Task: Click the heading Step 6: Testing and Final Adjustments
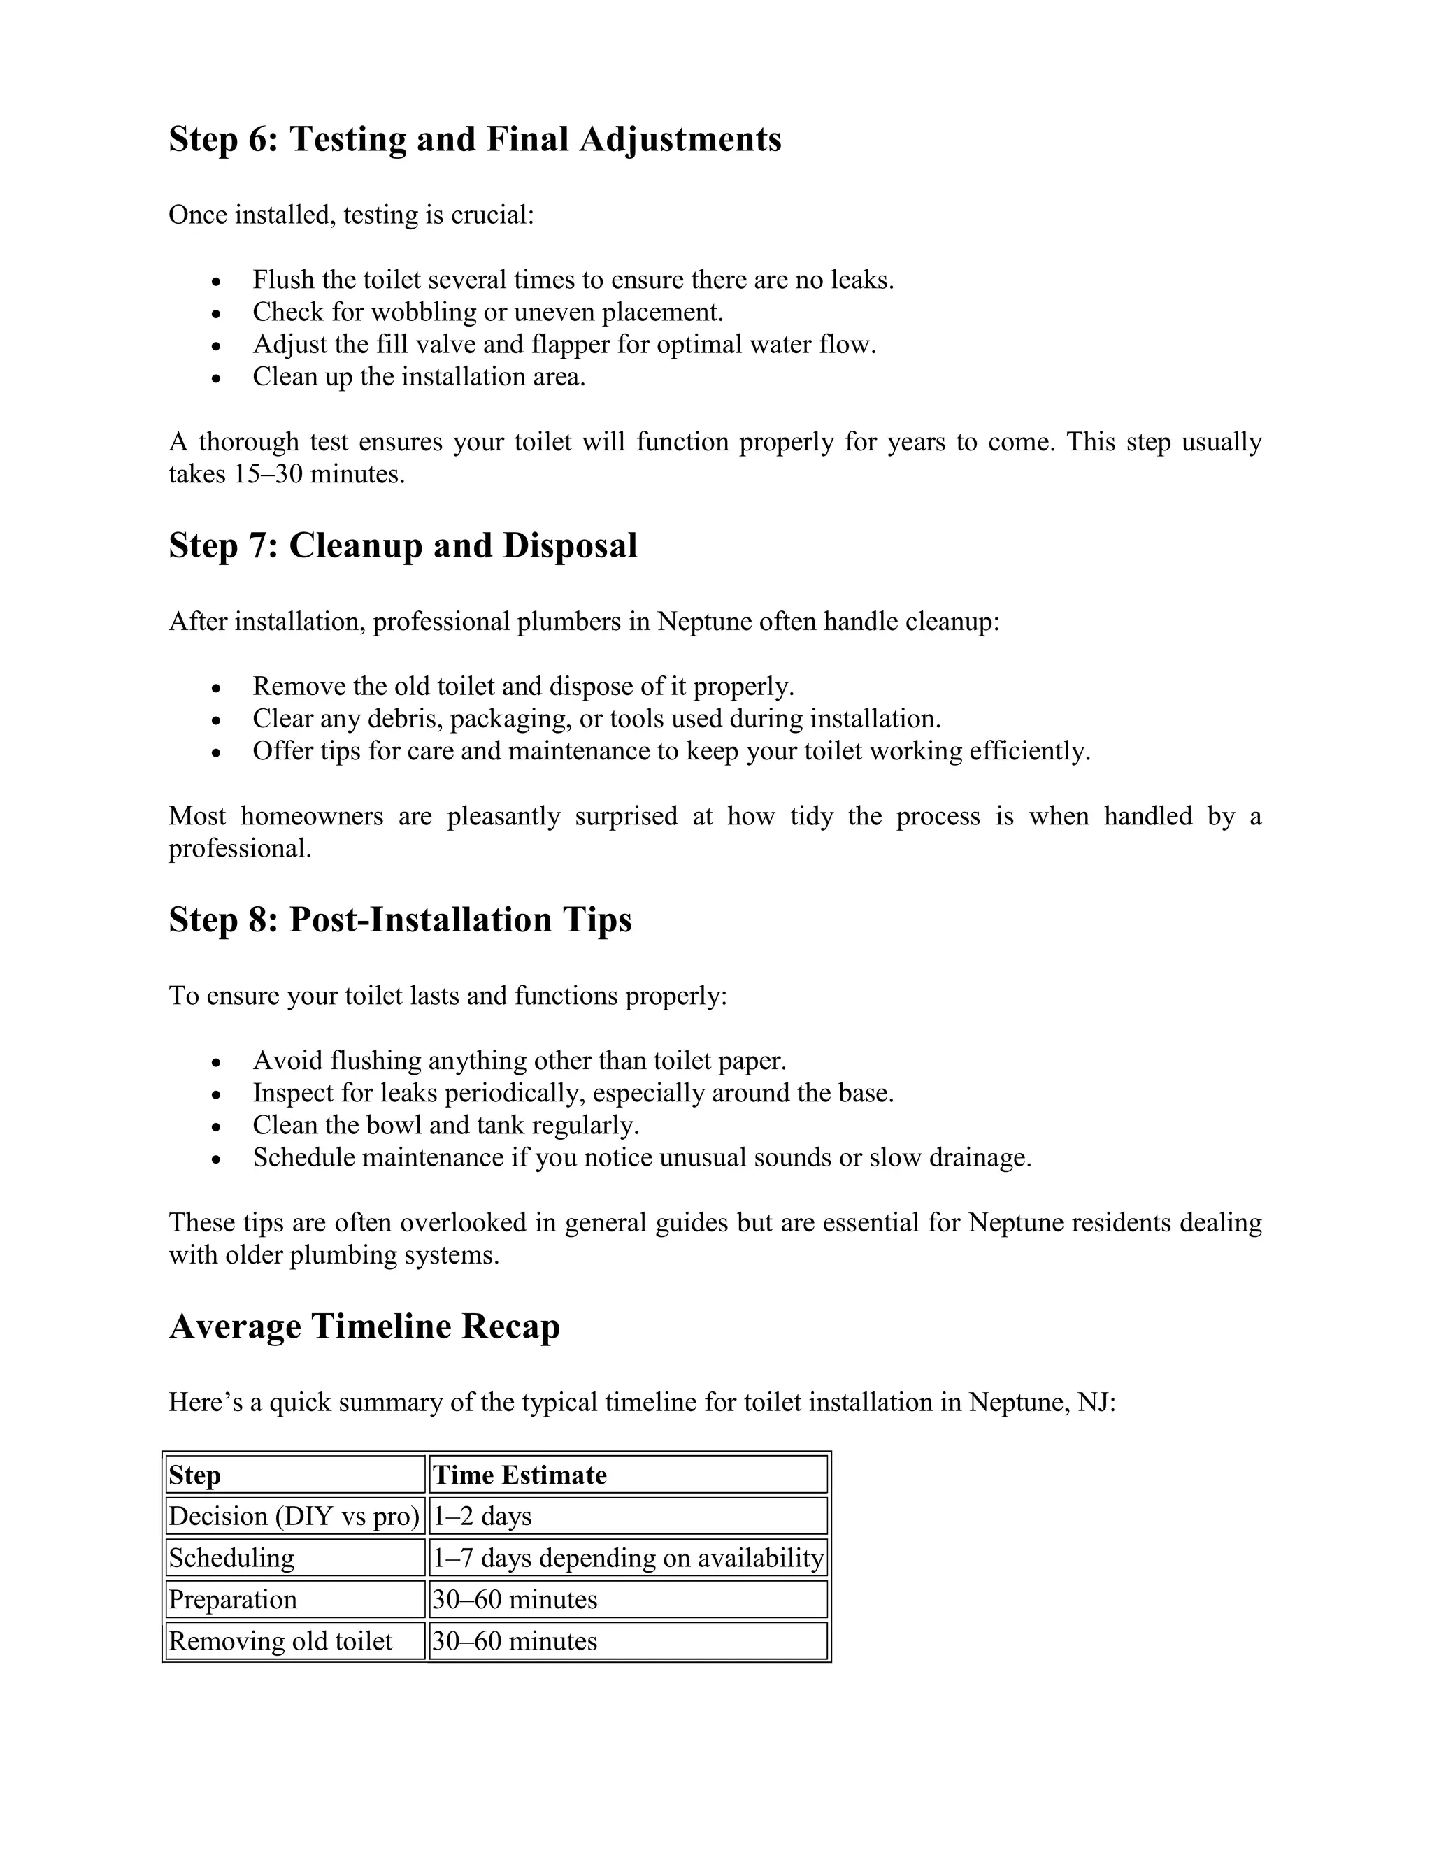[474, 139]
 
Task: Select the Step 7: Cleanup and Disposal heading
[403, 545]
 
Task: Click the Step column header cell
[194, 1475]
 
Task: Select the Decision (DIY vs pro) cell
[294, 1516]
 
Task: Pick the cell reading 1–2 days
[482, 1516]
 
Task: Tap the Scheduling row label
[231, 1558]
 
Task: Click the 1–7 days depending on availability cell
[628, 1558]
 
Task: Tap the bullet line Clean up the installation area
[419, 377]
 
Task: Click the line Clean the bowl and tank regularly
[445, 1126]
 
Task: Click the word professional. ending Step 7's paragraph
[239, 848]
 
